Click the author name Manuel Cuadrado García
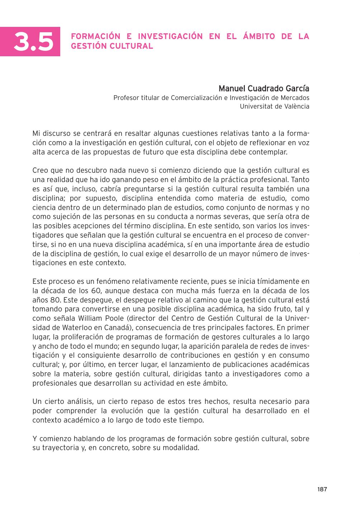tap(264, 89)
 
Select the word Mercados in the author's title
tap(295, 98)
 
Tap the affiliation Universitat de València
tap(274, 106)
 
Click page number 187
tap(322, 489)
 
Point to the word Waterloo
tap(74, 328)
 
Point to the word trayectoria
tap(58, 448)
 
